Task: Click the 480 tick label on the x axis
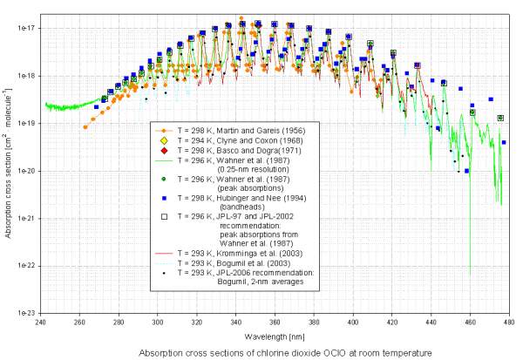pos(508,323)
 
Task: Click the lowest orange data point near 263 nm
pos(85,127)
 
